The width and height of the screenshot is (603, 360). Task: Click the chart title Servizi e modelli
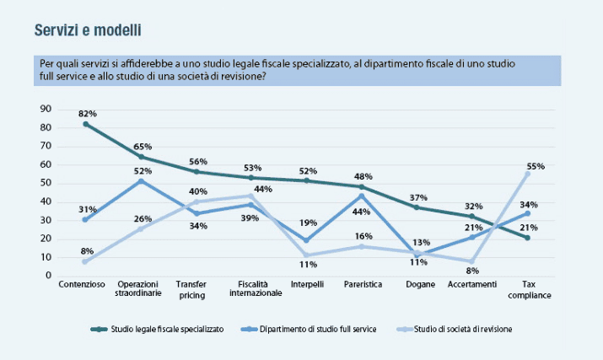[x=87, y=30]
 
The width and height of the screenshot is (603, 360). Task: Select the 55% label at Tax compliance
[x=536, y=166]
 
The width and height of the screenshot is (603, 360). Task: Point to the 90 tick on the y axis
[x=46, y=109]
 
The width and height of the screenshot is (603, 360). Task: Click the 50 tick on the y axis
[x=46, y=183]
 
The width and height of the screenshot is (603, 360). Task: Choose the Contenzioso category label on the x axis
[x=81, y=285]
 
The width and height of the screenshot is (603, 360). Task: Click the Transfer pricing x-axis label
[x=192, y=289]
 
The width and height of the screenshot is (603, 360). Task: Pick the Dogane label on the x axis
[x=419, y=285]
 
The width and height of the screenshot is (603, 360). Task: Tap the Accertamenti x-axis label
[x=474, y=285]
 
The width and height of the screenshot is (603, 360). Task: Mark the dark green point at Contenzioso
[x=86, y=124]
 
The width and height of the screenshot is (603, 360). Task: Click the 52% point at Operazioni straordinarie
[x=142, y=180]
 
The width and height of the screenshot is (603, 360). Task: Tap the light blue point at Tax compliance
[x=528, y=174]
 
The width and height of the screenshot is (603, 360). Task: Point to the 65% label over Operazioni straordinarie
[x=143, y=146]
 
